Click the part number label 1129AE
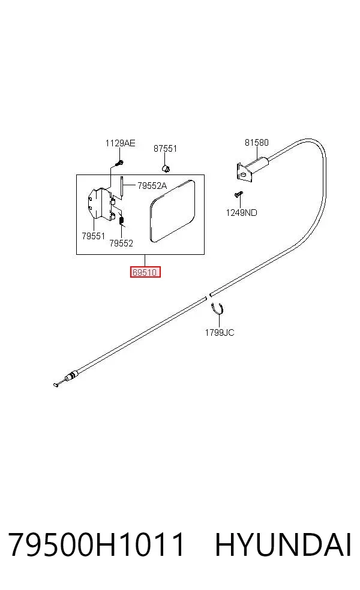(x=120, y=143)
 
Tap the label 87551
(x=165, y=149)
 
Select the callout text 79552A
(x=152, y=185)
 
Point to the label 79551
(x=94, y=236)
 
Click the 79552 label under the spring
(x=121, y=243)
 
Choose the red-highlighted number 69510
(x=145, y=272)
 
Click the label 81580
(x=257, y=143)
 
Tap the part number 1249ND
(x=241, y=213)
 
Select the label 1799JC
(x=220, y=333)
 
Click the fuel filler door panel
(x=173, y=211)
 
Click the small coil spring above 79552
(x=122, y=219)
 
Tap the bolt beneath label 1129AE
(x=120, y=163)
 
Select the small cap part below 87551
(x=166, y=167)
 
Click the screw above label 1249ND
(x=238, y=194)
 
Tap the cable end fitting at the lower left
(x=66, y=378)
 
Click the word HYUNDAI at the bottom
(x=283, y=544)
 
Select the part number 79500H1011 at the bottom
(x=97, y=544)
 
